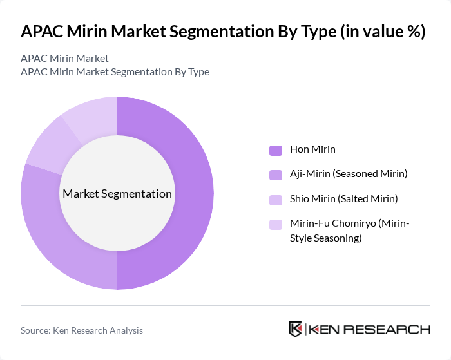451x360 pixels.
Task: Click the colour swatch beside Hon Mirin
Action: coord(276,150)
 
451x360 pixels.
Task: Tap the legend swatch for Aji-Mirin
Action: coord(276,175)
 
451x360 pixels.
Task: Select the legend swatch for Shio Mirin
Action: coord(276,199)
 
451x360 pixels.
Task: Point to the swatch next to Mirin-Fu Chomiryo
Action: coord(276,224)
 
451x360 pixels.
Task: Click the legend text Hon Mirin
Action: coord(312,149)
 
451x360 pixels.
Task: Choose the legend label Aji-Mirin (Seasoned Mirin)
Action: coord(349,174)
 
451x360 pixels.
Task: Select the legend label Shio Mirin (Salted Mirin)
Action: coord(343,198)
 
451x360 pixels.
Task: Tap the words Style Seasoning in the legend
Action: coord(325,238)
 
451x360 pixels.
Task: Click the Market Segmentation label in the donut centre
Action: coord(117,194)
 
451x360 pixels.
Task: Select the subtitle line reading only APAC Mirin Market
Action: coord(64,59)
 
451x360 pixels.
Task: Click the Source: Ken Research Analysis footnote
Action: coord(82,330)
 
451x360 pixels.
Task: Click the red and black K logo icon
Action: coord(296,329)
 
